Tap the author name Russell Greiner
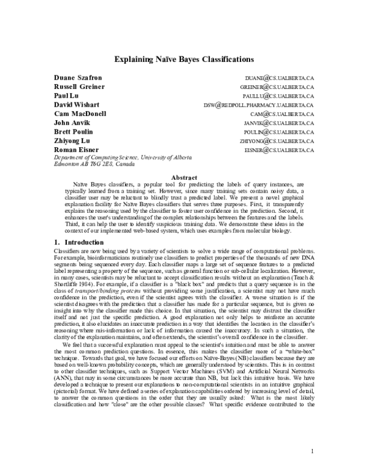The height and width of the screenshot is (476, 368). (79, 87)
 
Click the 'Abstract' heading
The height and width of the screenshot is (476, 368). (183, 178)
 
